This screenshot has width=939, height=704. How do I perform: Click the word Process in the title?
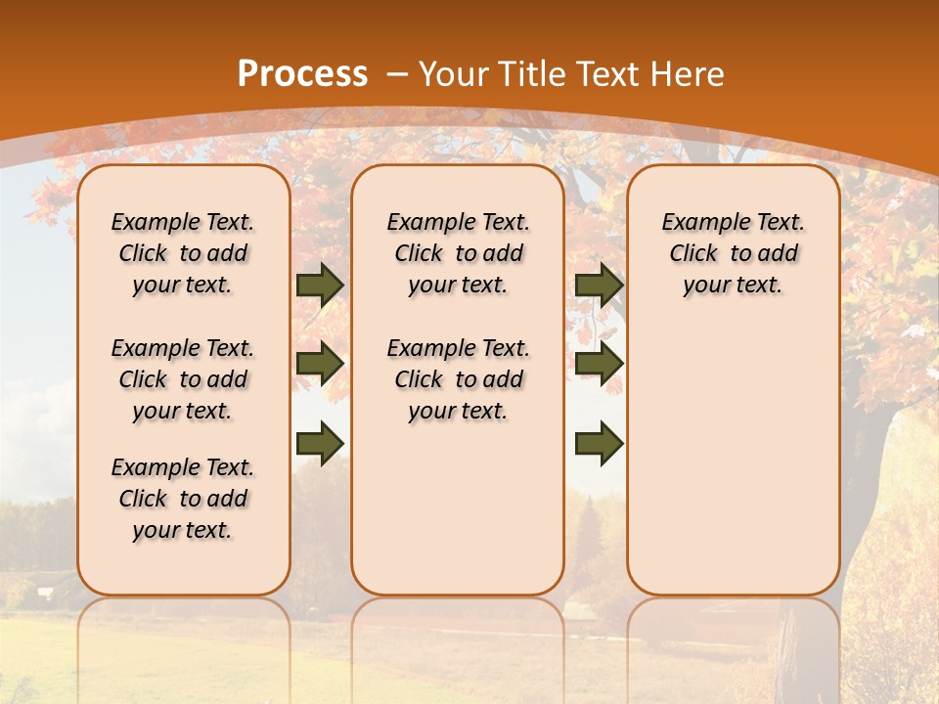pyautogui.click(x=302, y=74)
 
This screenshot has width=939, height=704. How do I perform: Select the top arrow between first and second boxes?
pyautogui.click(x=320, y=285)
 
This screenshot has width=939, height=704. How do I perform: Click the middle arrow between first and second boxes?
pyautogui.click(x=320, y=364)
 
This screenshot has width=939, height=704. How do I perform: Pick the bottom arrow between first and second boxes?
pyautogui.click(x=320, y=443)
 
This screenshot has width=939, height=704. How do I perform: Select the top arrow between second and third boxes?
pyautogui.click(x=599, y=285)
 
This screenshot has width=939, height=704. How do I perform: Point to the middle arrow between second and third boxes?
pyautogui.click(x=599, y=364)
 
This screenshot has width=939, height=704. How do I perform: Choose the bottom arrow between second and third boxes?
pyautogui.click(x=599, y=443)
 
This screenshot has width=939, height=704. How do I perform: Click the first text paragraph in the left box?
pyautogui.click(x=183, y=253)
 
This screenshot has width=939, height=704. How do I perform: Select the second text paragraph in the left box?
pyautogui.click(x=183, y=379)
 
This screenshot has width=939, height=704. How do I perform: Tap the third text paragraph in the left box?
pyautogui.click(x=183, y=499)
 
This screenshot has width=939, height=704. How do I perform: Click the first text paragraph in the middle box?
pyautogui.click(x=458, y=253)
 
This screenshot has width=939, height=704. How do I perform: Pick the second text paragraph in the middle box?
pyautogui.click(x=458, y=379)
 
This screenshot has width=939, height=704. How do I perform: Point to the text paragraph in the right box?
pyautogui.click(x=733, y=253)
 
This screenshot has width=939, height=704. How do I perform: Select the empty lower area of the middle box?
pyautogui.click(x=458, y=508)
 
